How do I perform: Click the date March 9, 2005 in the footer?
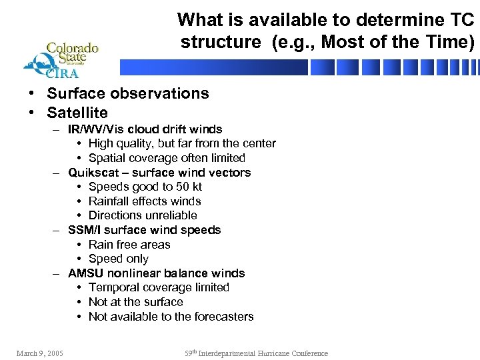click(x=40, y=353)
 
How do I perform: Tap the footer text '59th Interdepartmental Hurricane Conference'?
click(x=256, y=353)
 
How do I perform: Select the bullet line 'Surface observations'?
click(x=127, y=93)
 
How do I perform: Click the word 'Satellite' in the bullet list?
click(x=77, y=113)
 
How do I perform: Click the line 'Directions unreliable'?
click(x=143, y=215)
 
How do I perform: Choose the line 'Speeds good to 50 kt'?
click(x=145, y=187)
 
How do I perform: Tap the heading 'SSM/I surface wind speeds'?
click(x=144, y=230)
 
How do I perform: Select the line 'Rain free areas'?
click(x=129, y=245)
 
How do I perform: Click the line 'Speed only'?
click(x=118, y=259)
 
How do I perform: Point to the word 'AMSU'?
click(x=83, y=273)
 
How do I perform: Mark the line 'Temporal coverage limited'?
click(x=159, y=287)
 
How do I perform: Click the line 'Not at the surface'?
click(x=135, y=302)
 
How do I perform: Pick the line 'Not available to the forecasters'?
click(x=171, y=317)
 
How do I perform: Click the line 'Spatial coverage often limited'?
click(x=167, y=158)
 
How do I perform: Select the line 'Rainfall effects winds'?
click(x=145, y=201)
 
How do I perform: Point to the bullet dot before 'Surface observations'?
click(x=32, y=94)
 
